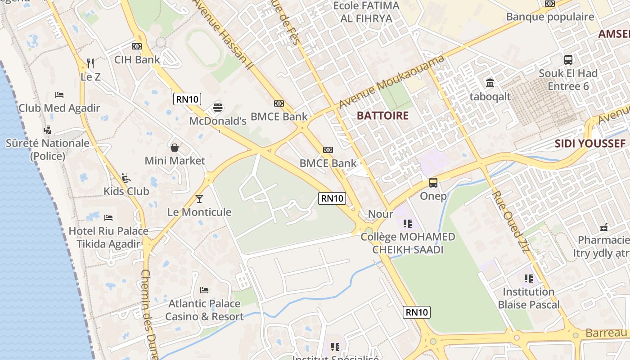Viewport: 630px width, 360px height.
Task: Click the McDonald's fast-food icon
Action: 218,108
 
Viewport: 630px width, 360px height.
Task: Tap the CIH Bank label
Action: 137,59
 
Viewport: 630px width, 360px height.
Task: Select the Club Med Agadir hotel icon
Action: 59,95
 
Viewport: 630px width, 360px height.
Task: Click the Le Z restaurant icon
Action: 90,63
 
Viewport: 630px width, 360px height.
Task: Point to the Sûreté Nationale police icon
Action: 47,130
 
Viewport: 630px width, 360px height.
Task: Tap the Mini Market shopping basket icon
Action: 174,148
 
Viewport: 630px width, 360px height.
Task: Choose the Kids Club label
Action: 126,191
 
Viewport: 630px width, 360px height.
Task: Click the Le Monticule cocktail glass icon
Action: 199,198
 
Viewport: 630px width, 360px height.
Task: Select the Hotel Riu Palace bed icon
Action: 108,218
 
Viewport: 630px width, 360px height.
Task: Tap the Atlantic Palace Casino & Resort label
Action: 204,310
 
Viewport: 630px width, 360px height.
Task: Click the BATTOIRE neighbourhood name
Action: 382,116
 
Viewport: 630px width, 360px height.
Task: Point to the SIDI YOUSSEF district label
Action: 589,144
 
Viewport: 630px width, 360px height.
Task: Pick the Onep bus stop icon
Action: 433,183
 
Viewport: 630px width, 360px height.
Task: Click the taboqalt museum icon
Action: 490,83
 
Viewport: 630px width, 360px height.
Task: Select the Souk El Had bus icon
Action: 568,59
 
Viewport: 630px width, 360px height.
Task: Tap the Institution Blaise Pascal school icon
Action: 528,279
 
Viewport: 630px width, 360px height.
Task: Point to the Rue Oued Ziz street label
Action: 509,221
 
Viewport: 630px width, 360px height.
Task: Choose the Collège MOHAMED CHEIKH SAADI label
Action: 408,243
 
